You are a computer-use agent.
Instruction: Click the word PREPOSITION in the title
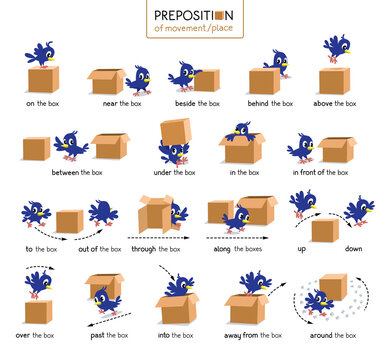[x=193, y=14]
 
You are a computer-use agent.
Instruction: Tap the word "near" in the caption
[x=109, y=103]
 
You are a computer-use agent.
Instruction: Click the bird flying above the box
[x=337, y=48]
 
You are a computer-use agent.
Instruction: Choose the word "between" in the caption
[x=52, y=172]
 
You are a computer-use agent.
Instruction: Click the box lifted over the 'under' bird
[x=175, y=132]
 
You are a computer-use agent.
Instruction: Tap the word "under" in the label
[x=161, y=172]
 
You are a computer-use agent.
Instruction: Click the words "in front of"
[x=308, y=172]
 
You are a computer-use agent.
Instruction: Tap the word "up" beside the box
[x=302, y=248]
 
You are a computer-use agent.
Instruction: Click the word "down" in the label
[x=354, y=248]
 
